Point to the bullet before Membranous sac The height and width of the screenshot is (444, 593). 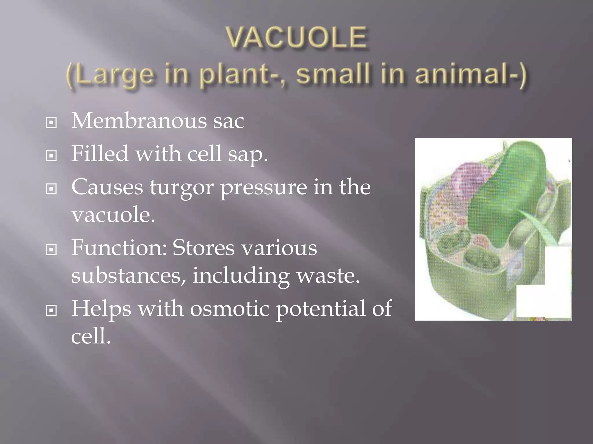click(51, 123)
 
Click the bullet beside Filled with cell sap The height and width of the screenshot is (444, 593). click(51, 156)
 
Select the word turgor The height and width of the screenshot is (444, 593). click(181, 188)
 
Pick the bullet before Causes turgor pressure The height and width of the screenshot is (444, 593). click(51, 189)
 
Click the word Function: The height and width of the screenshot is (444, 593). click(119, 248)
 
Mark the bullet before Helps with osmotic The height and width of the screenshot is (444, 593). click(51, 311)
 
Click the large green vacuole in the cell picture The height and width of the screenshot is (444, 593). click(510, 197)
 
